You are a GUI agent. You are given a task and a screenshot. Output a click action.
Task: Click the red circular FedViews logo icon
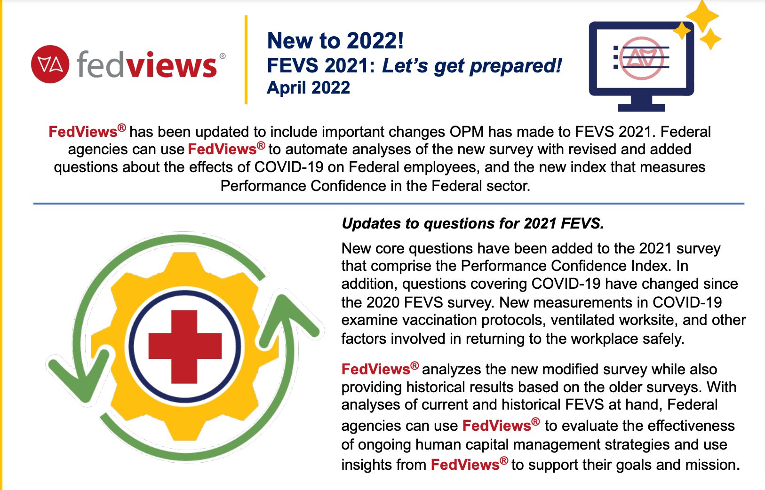50,64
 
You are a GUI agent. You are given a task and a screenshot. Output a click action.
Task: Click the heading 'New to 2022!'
335,41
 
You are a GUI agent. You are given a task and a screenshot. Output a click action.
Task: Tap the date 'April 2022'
308,87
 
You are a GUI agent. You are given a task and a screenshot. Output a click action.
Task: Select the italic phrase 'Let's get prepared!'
471,66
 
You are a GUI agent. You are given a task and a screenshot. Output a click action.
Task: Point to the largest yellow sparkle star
702,15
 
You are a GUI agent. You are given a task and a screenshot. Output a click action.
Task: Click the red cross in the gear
185,347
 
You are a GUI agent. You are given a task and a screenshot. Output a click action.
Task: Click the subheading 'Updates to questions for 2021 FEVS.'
472,223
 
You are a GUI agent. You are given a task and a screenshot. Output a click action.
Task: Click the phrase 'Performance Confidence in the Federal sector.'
375,186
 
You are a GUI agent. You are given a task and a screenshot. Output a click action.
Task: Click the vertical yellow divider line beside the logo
246,60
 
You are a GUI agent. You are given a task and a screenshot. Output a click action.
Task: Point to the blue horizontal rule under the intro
389,204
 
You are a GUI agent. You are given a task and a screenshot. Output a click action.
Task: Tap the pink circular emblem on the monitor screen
642,58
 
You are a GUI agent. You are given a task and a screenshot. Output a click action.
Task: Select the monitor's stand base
641,108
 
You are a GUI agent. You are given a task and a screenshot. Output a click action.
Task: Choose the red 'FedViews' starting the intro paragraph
83,132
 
